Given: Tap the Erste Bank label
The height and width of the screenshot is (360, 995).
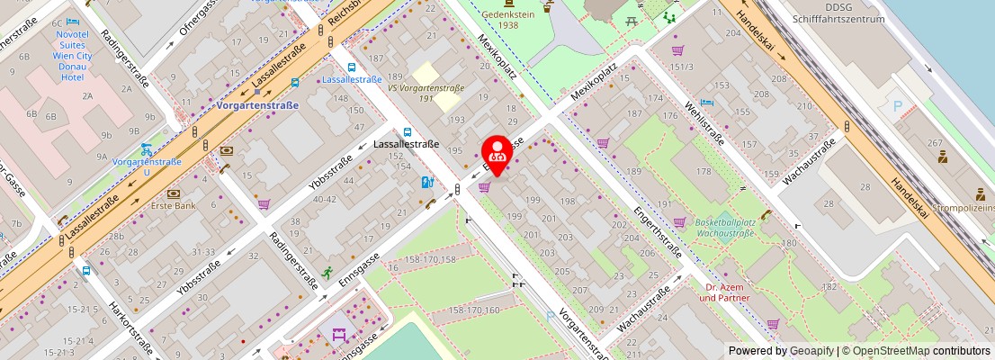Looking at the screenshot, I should click(x=175, y=205).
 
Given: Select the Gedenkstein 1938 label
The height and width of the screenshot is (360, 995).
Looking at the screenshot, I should click(x=508, y=20).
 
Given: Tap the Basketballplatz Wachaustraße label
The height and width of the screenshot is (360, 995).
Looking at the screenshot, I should click(x=724, y=226).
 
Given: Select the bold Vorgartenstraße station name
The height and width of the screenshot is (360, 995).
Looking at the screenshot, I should click(x=258, y=105).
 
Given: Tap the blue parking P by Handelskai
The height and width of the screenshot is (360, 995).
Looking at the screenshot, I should click(x=897, y=105).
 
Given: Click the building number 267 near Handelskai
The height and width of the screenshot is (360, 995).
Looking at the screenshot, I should click(x=935, y=143).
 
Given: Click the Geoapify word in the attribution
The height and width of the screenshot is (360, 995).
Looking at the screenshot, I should click(x=812, y=351).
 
